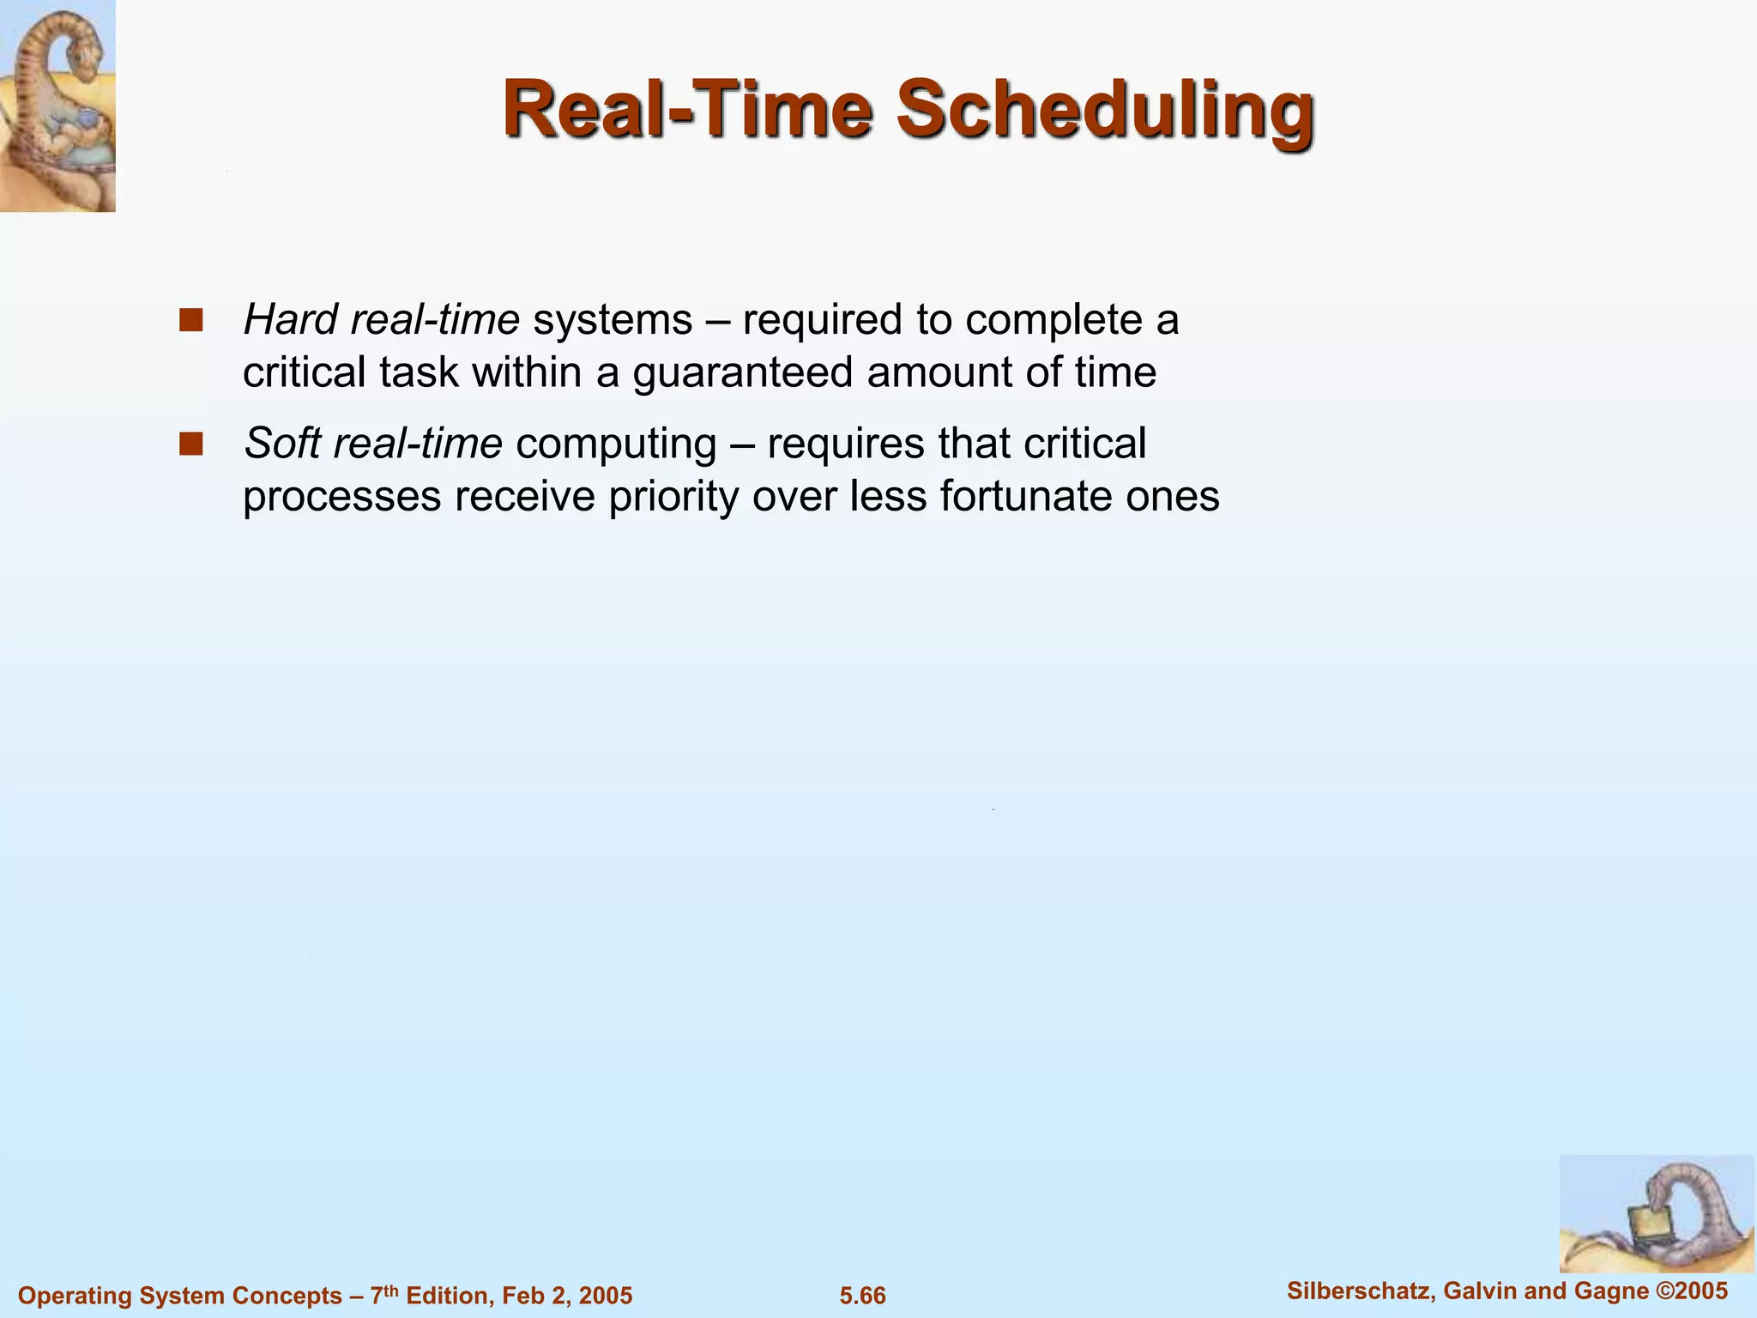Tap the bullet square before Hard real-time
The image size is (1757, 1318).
[x=190, y=320]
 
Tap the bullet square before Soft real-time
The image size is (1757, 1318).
[x=190, y=444]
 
